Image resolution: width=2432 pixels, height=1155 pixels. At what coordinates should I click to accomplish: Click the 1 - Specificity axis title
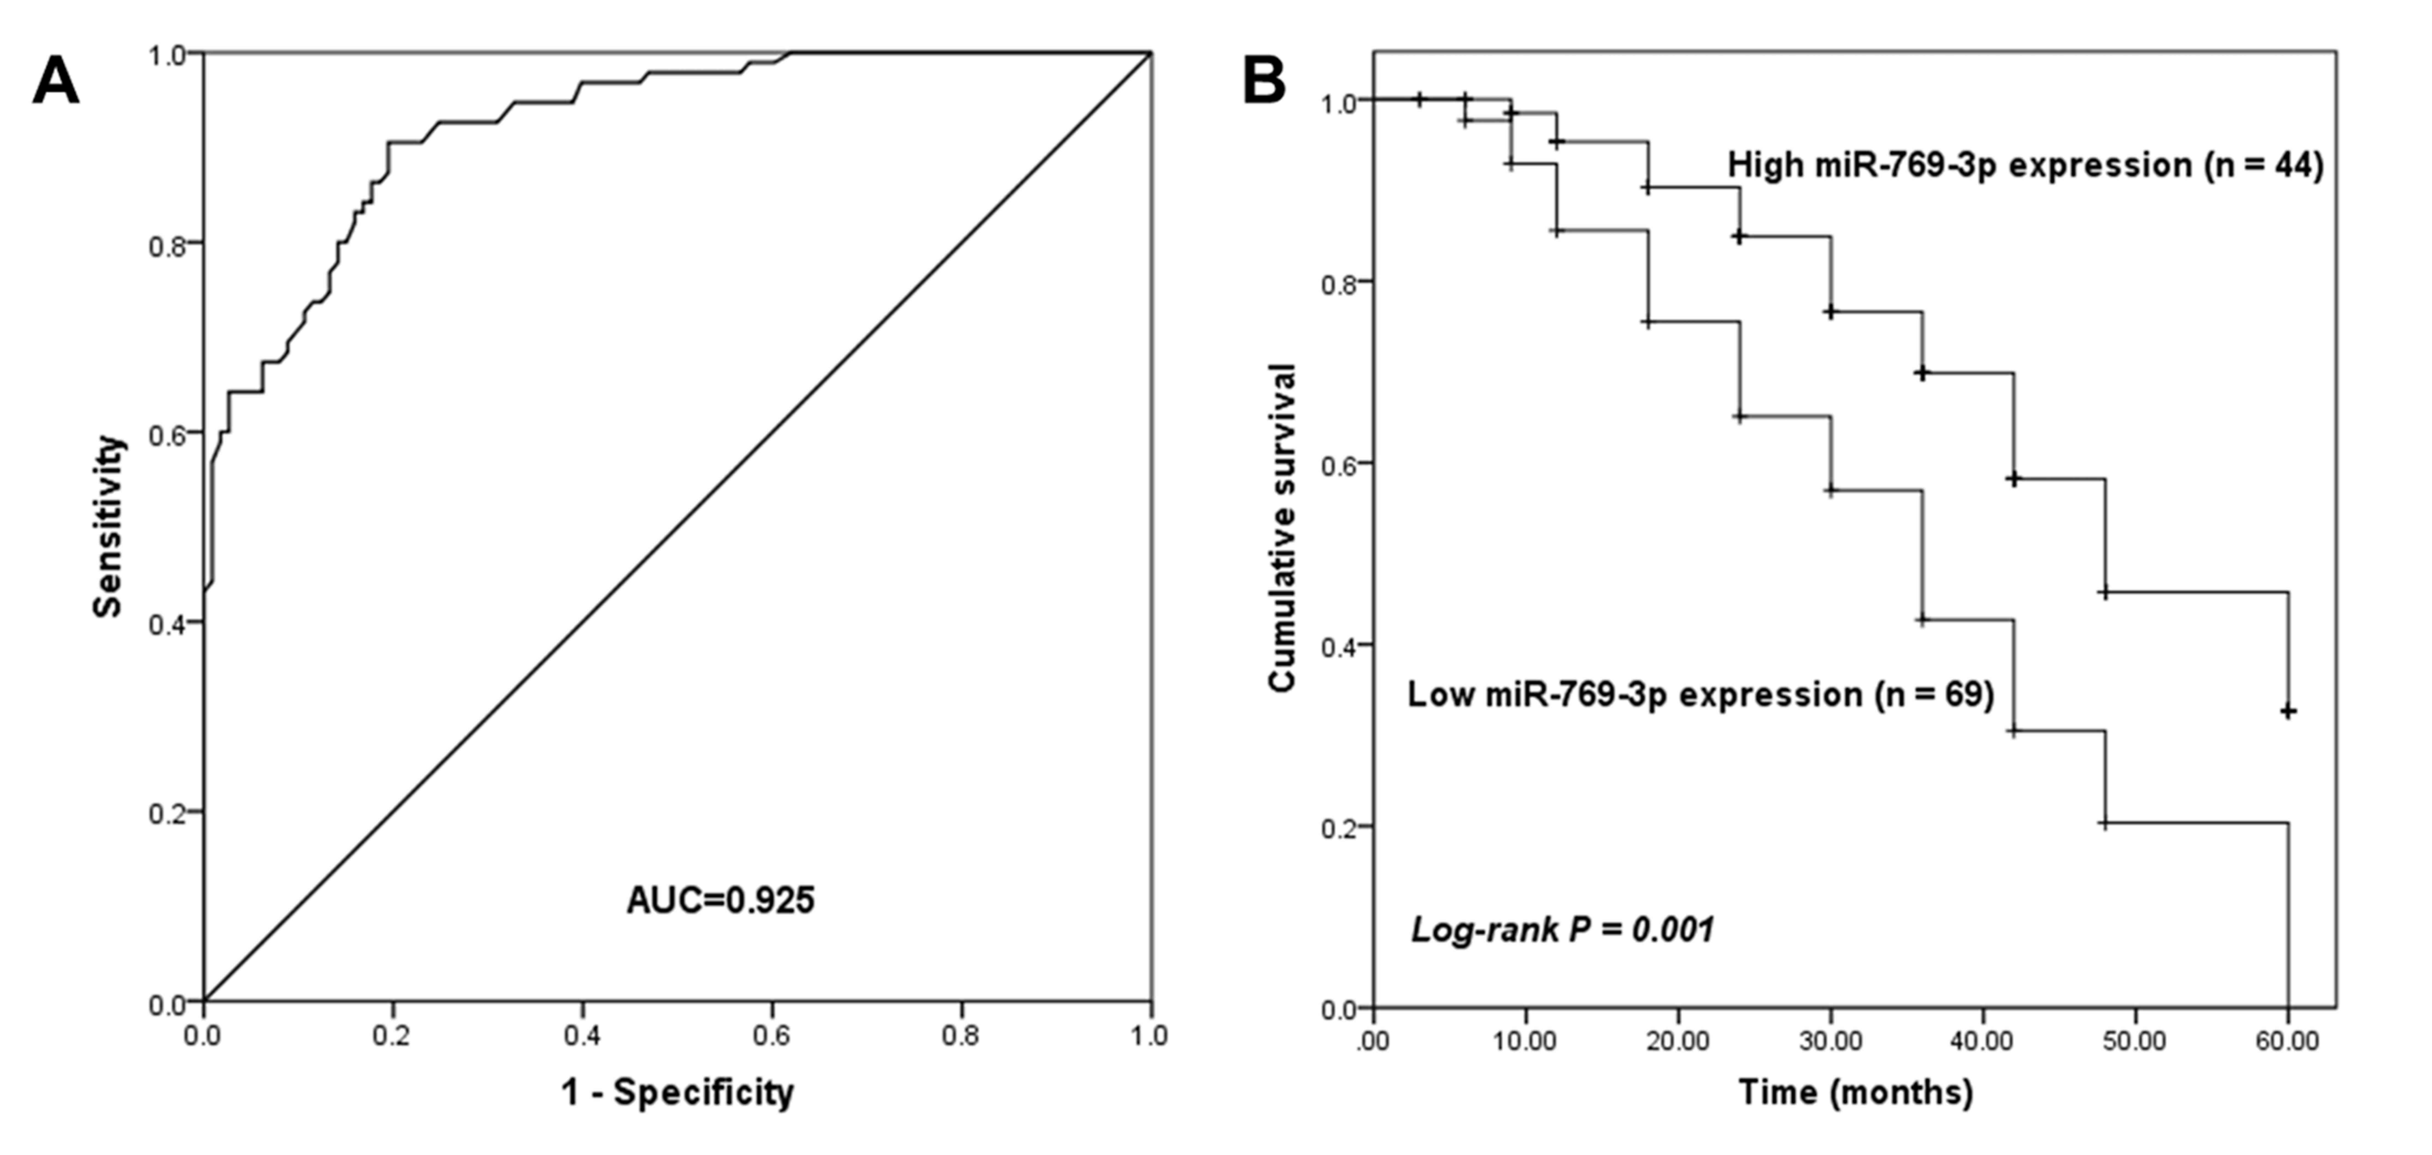pyautogui.click(x=677, y=1093)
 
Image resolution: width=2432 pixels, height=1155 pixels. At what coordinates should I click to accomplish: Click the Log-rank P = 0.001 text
pyautogui.click(x=1562, y=930)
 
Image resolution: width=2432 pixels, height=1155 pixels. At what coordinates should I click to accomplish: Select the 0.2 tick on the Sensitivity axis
pyautogui.click(x=167, y=812)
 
